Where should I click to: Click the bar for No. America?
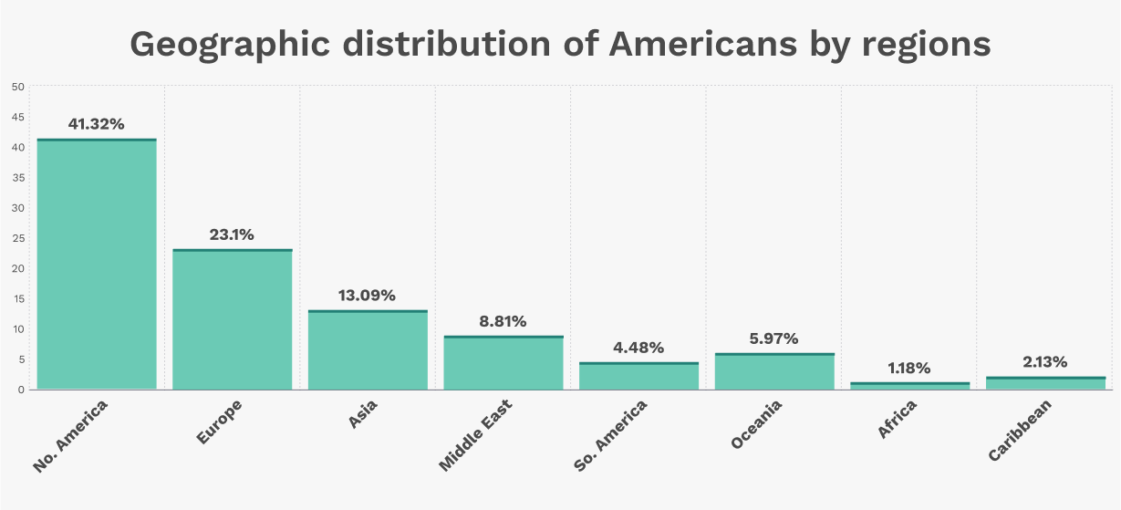tap(97, 265)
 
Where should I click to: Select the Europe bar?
tap(232, 319)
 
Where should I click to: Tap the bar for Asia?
tap(368, 350)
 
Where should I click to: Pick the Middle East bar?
tap(503, 363)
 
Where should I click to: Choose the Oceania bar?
tap(774, 371)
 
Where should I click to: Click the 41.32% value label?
tap(96, 124)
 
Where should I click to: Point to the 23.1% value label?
tap(232, 234)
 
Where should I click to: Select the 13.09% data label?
tap(368, 296)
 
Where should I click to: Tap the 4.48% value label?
tap(638, 348)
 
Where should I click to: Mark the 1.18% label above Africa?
tap(909, 368)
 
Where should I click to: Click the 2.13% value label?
tap(1045, 362)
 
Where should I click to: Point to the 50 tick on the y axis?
tap(18, 87)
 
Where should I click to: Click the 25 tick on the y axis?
tap(18, 238)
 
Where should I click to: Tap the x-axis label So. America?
tap(611, 436)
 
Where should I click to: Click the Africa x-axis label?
tap(898, 419)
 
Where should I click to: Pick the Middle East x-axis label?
tap(475, 435)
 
